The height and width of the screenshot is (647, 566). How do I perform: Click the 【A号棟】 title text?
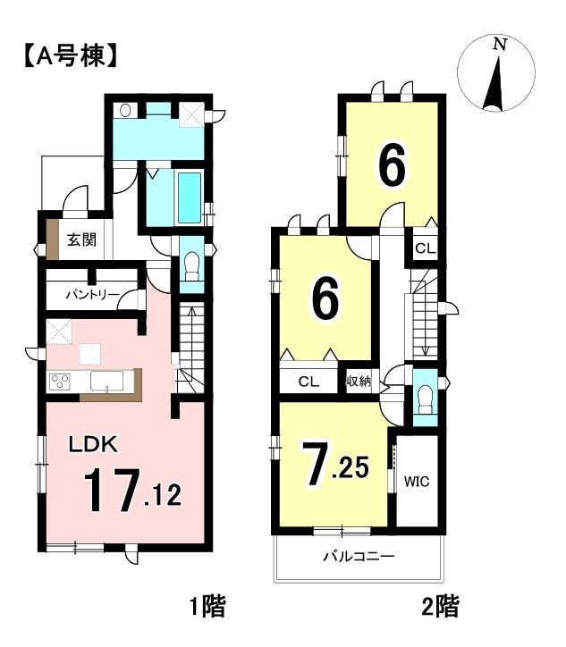69,55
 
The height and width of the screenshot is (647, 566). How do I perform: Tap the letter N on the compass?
501,44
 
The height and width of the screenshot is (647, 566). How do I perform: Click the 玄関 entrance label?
81,239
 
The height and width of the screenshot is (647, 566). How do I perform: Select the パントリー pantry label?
93,295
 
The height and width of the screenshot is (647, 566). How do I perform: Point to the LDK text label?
93,444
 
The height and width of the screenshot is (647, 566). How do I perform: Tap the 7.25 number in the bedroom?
334,464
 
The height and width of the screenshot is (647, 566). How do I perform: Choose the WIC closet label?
417,481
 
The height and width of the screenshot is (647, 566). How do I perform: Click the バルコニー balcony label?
359,557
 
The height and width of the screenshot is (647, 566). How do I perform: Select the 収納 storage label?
359,382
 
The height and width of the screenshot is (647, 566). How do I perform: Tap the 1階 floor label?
207,607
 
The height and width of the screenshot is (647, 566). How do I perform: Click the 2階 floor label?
441,607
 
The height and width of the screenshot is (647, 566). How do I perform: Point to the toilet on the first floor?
192,266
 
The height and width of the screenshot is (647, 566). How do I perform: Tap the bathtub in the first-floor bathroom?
190,197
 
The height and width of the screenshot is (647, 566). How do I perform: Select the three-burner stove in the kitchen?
60,381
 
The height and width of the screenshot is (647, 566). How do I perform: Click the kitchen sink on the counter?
107,381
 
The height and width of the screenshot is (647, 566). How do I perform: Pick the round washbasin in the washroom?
125,110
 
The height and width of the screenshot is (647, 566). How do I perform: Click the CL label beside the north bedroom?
426,248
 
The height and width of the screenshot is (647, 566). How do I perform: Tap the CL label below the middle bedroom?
308,382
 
